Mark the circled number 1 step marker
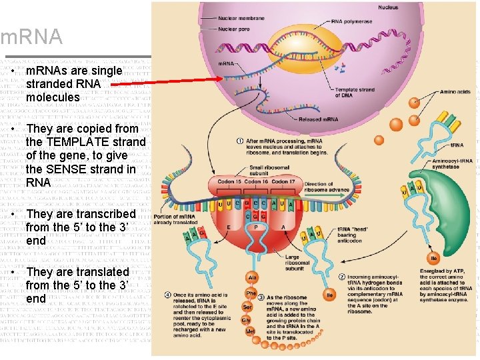pyautogui.click(x=240, y=141)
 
